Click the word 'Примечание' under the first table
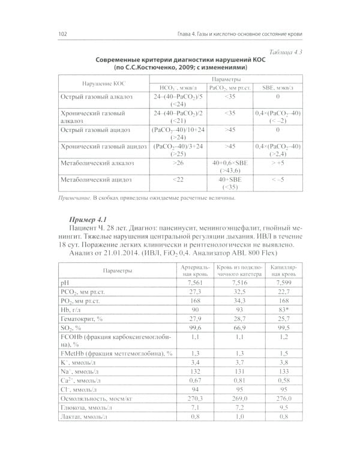tap(74, 198)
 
